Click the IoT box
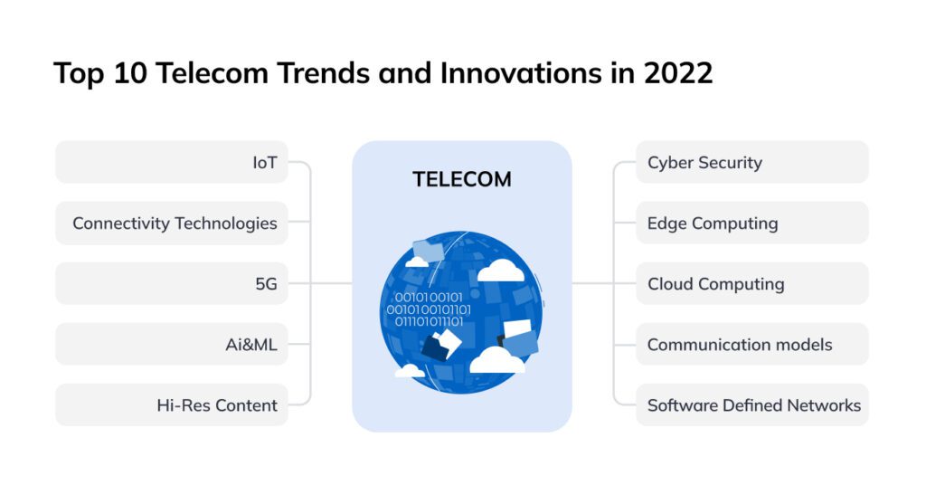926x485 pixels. click(x=172, y=163)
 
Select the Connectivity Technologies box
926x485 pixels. click(x=172, y=223)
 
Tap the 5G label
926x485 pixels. click(x=266, y=283)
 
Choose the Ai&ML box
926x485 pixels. click(x=172, y=344)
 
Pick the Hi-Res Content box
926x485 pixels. click(x=172, y=404)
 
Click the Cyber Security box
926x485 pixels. click(x=751, y=163)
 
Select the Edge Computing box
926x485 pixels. click(x=751, y=223)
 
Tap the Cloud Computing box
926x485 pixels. click(x=751, y=283)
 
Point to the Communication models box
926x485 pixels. click(x=751, y=344)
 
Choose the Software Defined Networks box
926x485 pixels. click(x=751, y=404)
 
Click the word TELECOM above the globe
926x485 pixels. click(x=462, y=179)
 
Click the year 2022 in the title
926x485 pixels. click(x=677, y=73)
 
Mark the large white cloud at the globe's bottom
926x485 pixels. click(x=496, y=360)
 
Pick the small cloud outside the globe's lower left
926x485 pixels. click(x=410, y=370)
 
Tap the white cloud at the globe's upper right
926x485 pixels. click(x=499, y=270)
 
